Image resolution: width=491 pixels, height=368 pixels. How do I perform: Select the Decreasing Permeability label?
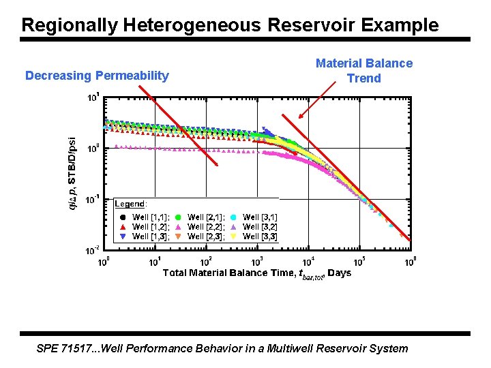click(x=97, y=76)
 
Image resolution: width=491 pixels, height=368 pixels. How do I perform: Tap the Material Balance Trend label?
click(x=364, y=70)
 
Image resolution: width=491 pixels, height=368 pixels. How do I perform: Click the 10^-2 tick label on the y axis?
click(x=93, y=250)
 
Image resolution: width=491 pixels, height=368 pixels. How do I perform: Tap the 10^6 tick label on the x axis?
click(x=411, y=261)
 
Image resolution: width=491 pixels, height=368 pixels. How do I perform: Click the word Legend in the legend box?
click(x=130, y=203)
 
